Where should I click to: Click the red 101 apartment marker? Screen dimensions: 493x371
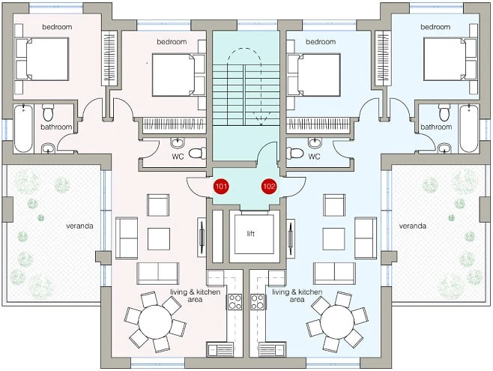221,187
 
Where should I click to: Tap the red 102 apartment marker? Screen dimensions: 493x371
269,187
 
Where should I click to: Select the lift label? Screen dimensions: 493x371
250,234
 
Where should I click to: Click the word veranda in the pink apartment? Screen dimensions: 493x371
79,226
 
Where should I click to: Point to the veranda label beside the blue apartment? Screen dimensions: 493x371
413,226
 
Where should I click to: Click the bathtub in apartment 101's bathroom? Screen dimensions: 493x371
23,129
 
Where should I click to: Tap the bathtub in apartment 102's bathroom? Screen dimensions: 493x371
469,129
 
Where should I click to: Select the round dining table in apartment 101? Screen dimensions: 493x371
155,322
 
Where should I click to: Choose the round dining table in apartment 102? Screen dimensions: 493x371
337,322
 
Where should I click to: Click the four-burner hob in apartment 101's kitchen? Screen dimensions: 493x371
235,302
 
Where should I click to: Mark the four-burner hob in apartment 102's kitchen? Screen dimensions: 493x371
258,302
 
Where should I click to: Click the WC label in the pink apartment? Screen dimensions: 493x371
178,157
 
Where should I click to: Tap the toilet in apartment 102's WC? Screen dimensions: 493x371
295,154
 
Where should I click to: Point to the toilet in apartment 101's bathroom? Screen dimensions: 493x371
48,113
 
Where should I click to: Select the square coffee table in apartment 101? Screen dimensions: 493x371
159,239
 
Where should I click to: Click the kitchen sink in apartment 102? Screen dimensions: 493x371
272,349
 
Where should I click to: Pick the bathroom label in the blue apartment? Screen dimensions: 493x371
436,127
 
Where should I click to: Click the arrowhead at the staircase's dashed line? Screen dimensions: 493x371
261,124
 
